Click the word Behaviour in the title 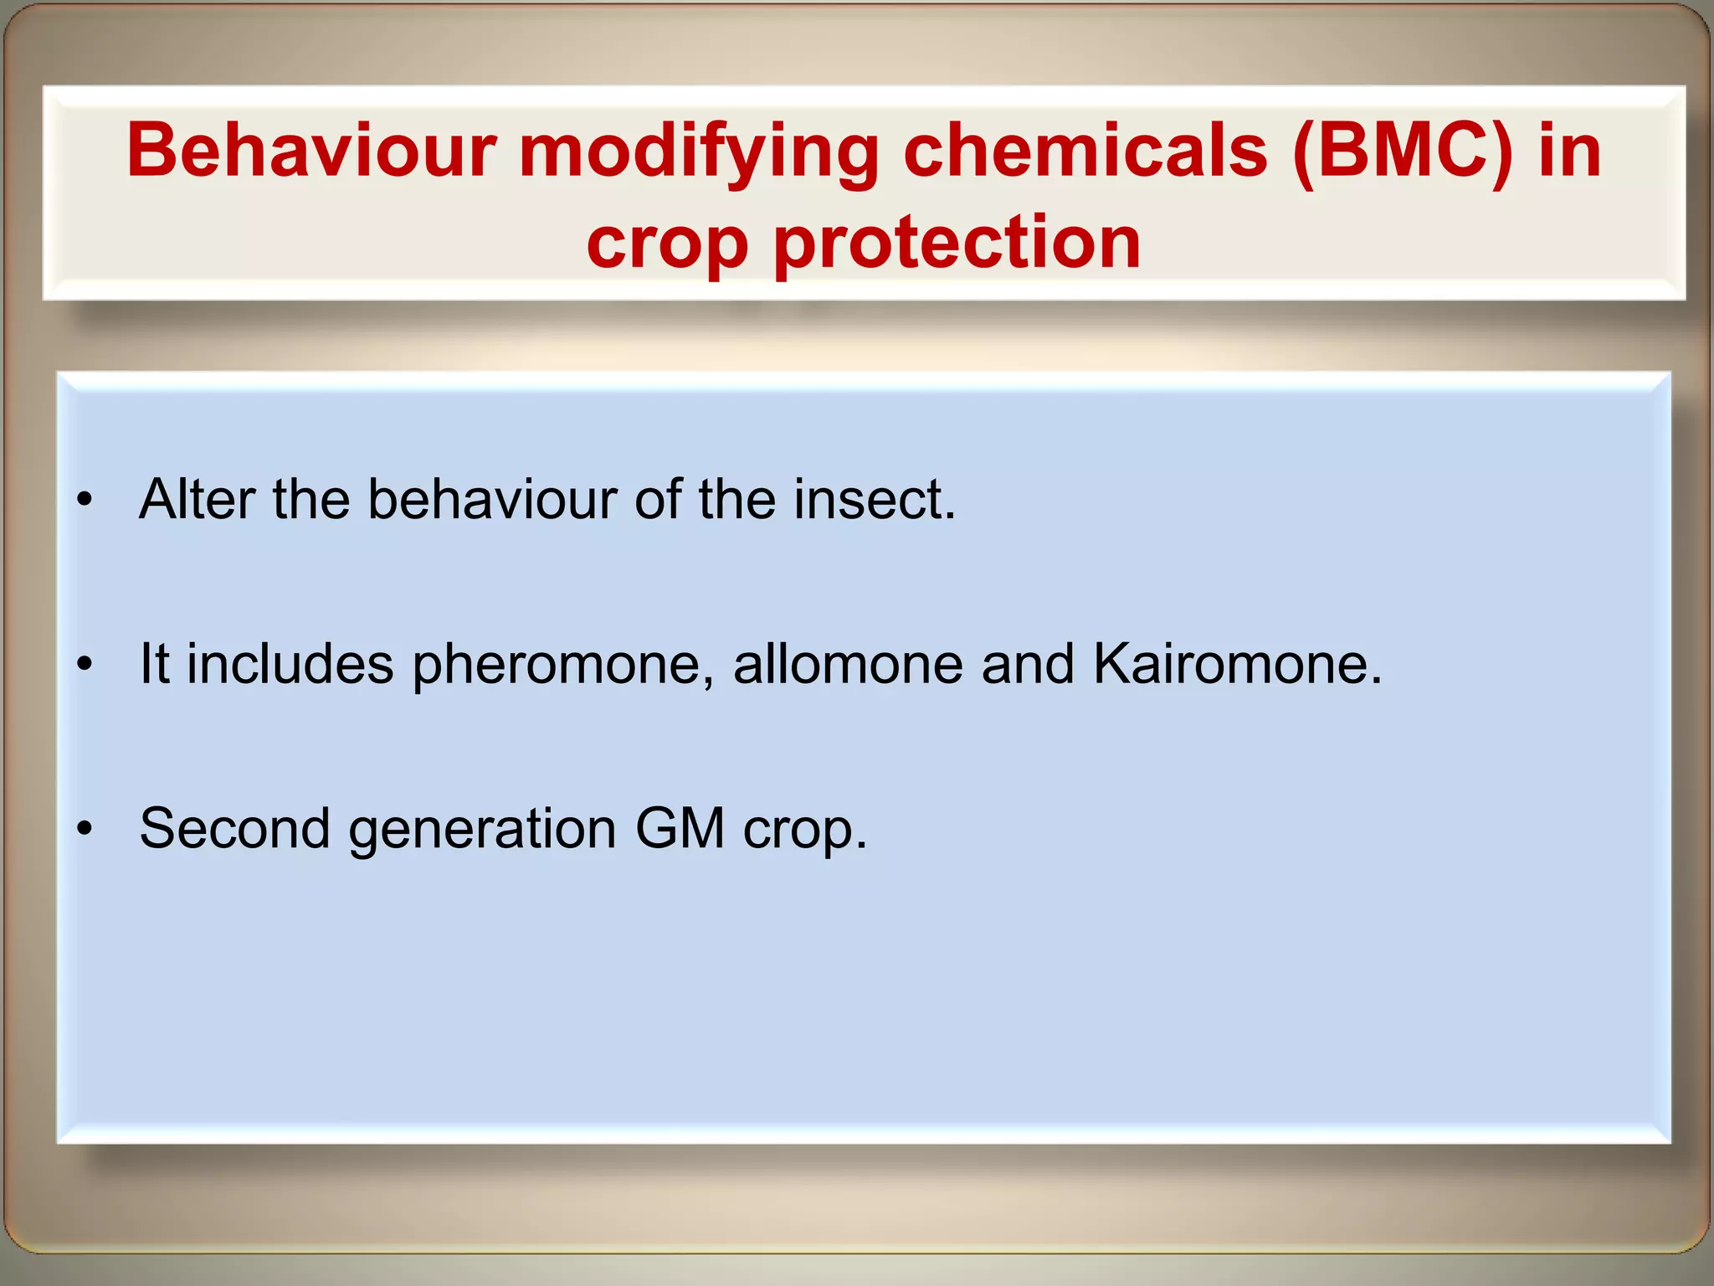pyautogui.click(x=311, y=152)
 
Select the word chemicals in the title pyautogui.click(x=1085, y=152)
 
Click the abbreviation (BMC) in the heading pyautogui.click(x=1404, y=152)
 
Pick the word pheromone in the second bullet pyautogui.click(x=563, y=665)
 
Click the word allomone pyautogui.click(x=847, y=665)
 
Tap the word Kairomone pyautogui.click(x=1237, y=665)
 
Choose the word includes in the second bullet pyautogui.click(x=290, y=665)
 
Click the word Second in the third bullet pyautogui.click(x=234, y=829)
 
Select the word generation pyautogui.click(x=482, y=829)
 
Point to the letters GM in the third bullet pyautogui.click(x=680, y=829)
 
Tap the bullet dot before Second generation pyautogui.click(x=84, y=830)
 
